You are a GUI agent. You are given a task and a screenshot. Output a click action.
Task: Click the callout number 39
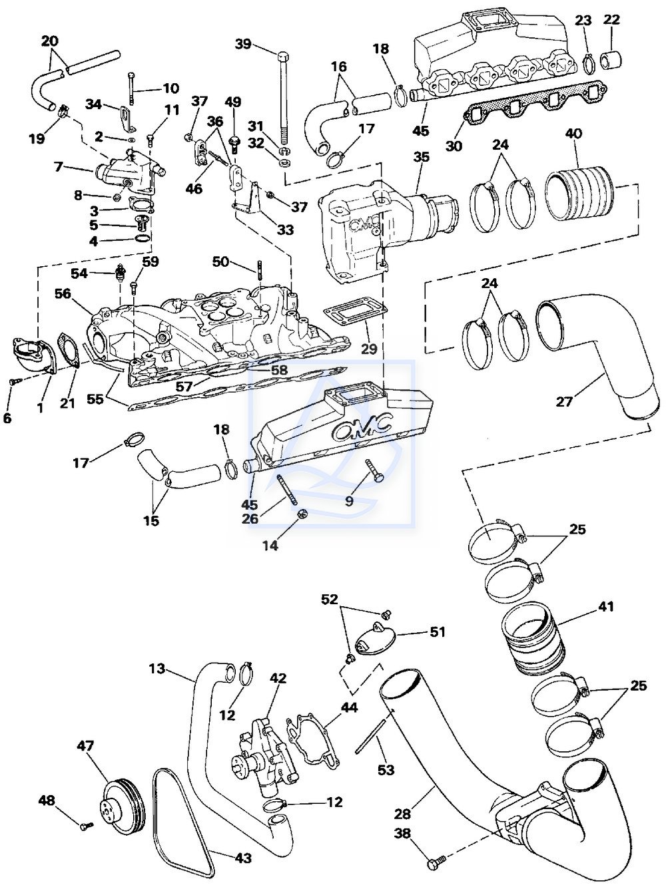coord(243,43)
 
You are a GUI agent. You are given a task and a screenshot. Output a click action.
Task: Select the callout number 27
coord(564,401)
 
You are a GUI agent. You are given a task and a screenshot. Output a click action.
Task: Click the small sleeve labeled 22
coord(611,59)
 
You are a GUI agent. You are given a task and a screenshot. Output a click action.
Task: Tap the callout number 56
coord(63,293)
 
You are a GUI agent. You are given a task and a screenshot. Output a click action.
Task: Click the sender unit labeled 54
coord(119,271)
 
